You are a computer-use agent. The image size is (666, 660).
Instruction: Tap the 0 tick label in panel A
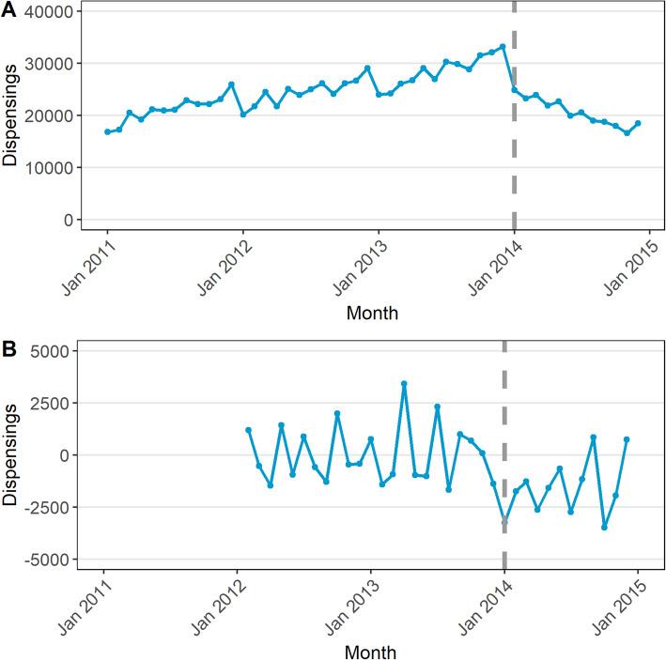point(68,220)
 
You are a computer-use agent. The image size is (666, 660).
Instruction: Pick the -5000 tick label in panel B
point(51,560)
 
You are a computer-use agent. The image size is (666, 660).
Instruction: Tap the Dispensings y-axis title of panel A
point(10,115)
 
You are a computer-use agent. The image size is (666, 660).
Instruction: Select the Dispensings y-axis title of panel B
point(10,455)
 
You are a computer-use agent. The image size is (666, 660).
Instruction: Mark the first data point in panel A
point(107,132)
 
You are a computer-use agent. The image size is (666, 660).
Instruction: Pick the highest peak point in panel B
point(404,383)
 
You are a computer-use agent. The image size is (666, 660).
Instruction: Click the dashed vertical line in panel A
point(514,141)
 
